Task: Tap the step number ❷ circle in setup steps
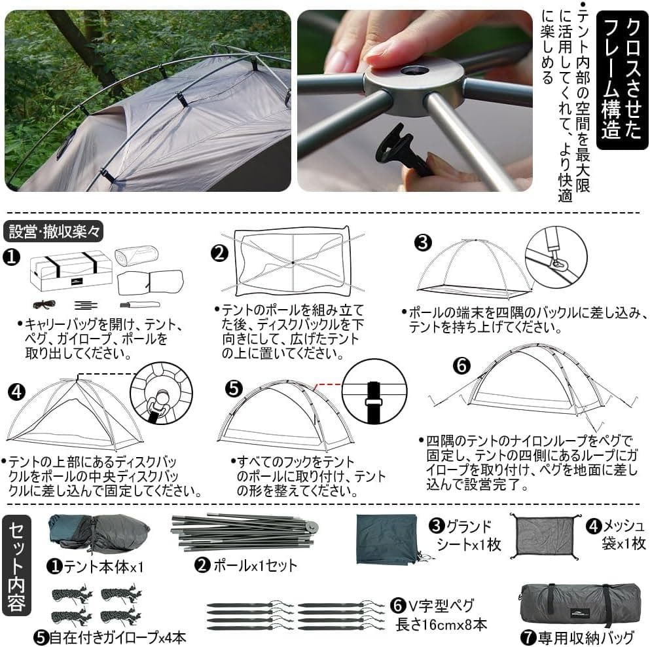219,253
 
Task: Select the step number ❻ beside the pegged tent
461,366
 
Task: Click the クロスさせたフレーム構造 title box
621,79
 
